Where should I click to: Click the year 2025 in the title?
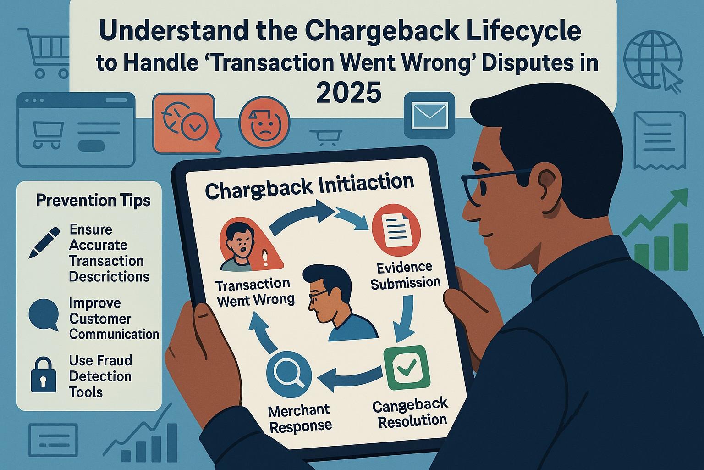tap(348, 93)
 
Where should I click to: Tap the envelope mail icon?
tap(429, 115)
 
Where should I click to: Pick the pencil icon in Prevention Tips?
tap(44, 242)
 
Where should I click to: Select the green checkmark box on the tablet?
tap(406, 368)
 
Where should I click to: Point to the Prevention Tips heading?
tap(93, 201)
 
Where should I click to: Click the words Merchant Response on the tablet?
tap(300, 417)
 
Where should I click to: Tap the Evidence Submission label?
tap(405, 275)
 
